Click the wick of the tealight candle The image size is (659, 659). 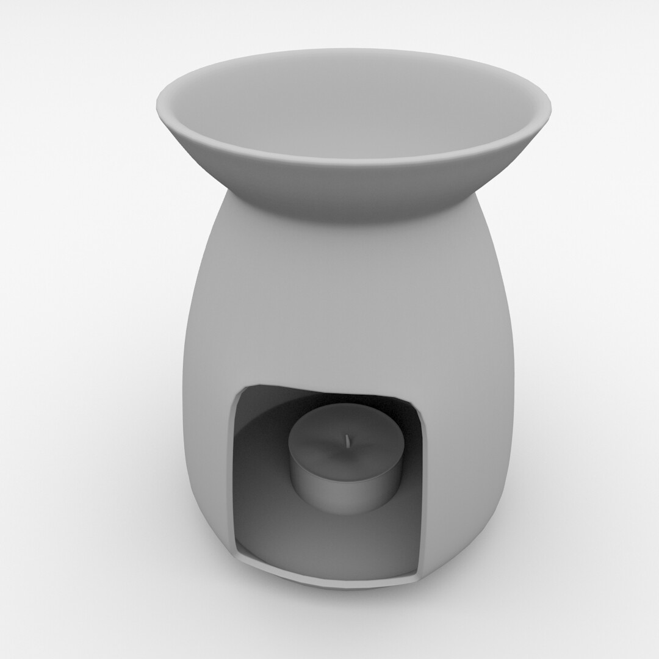point(347,441)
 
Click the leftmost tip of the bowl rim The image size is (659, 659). point(157,109)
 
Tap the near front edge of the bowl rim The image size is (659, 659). point(354,162)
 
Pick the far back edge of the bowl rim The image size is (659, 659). point(354,50)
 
